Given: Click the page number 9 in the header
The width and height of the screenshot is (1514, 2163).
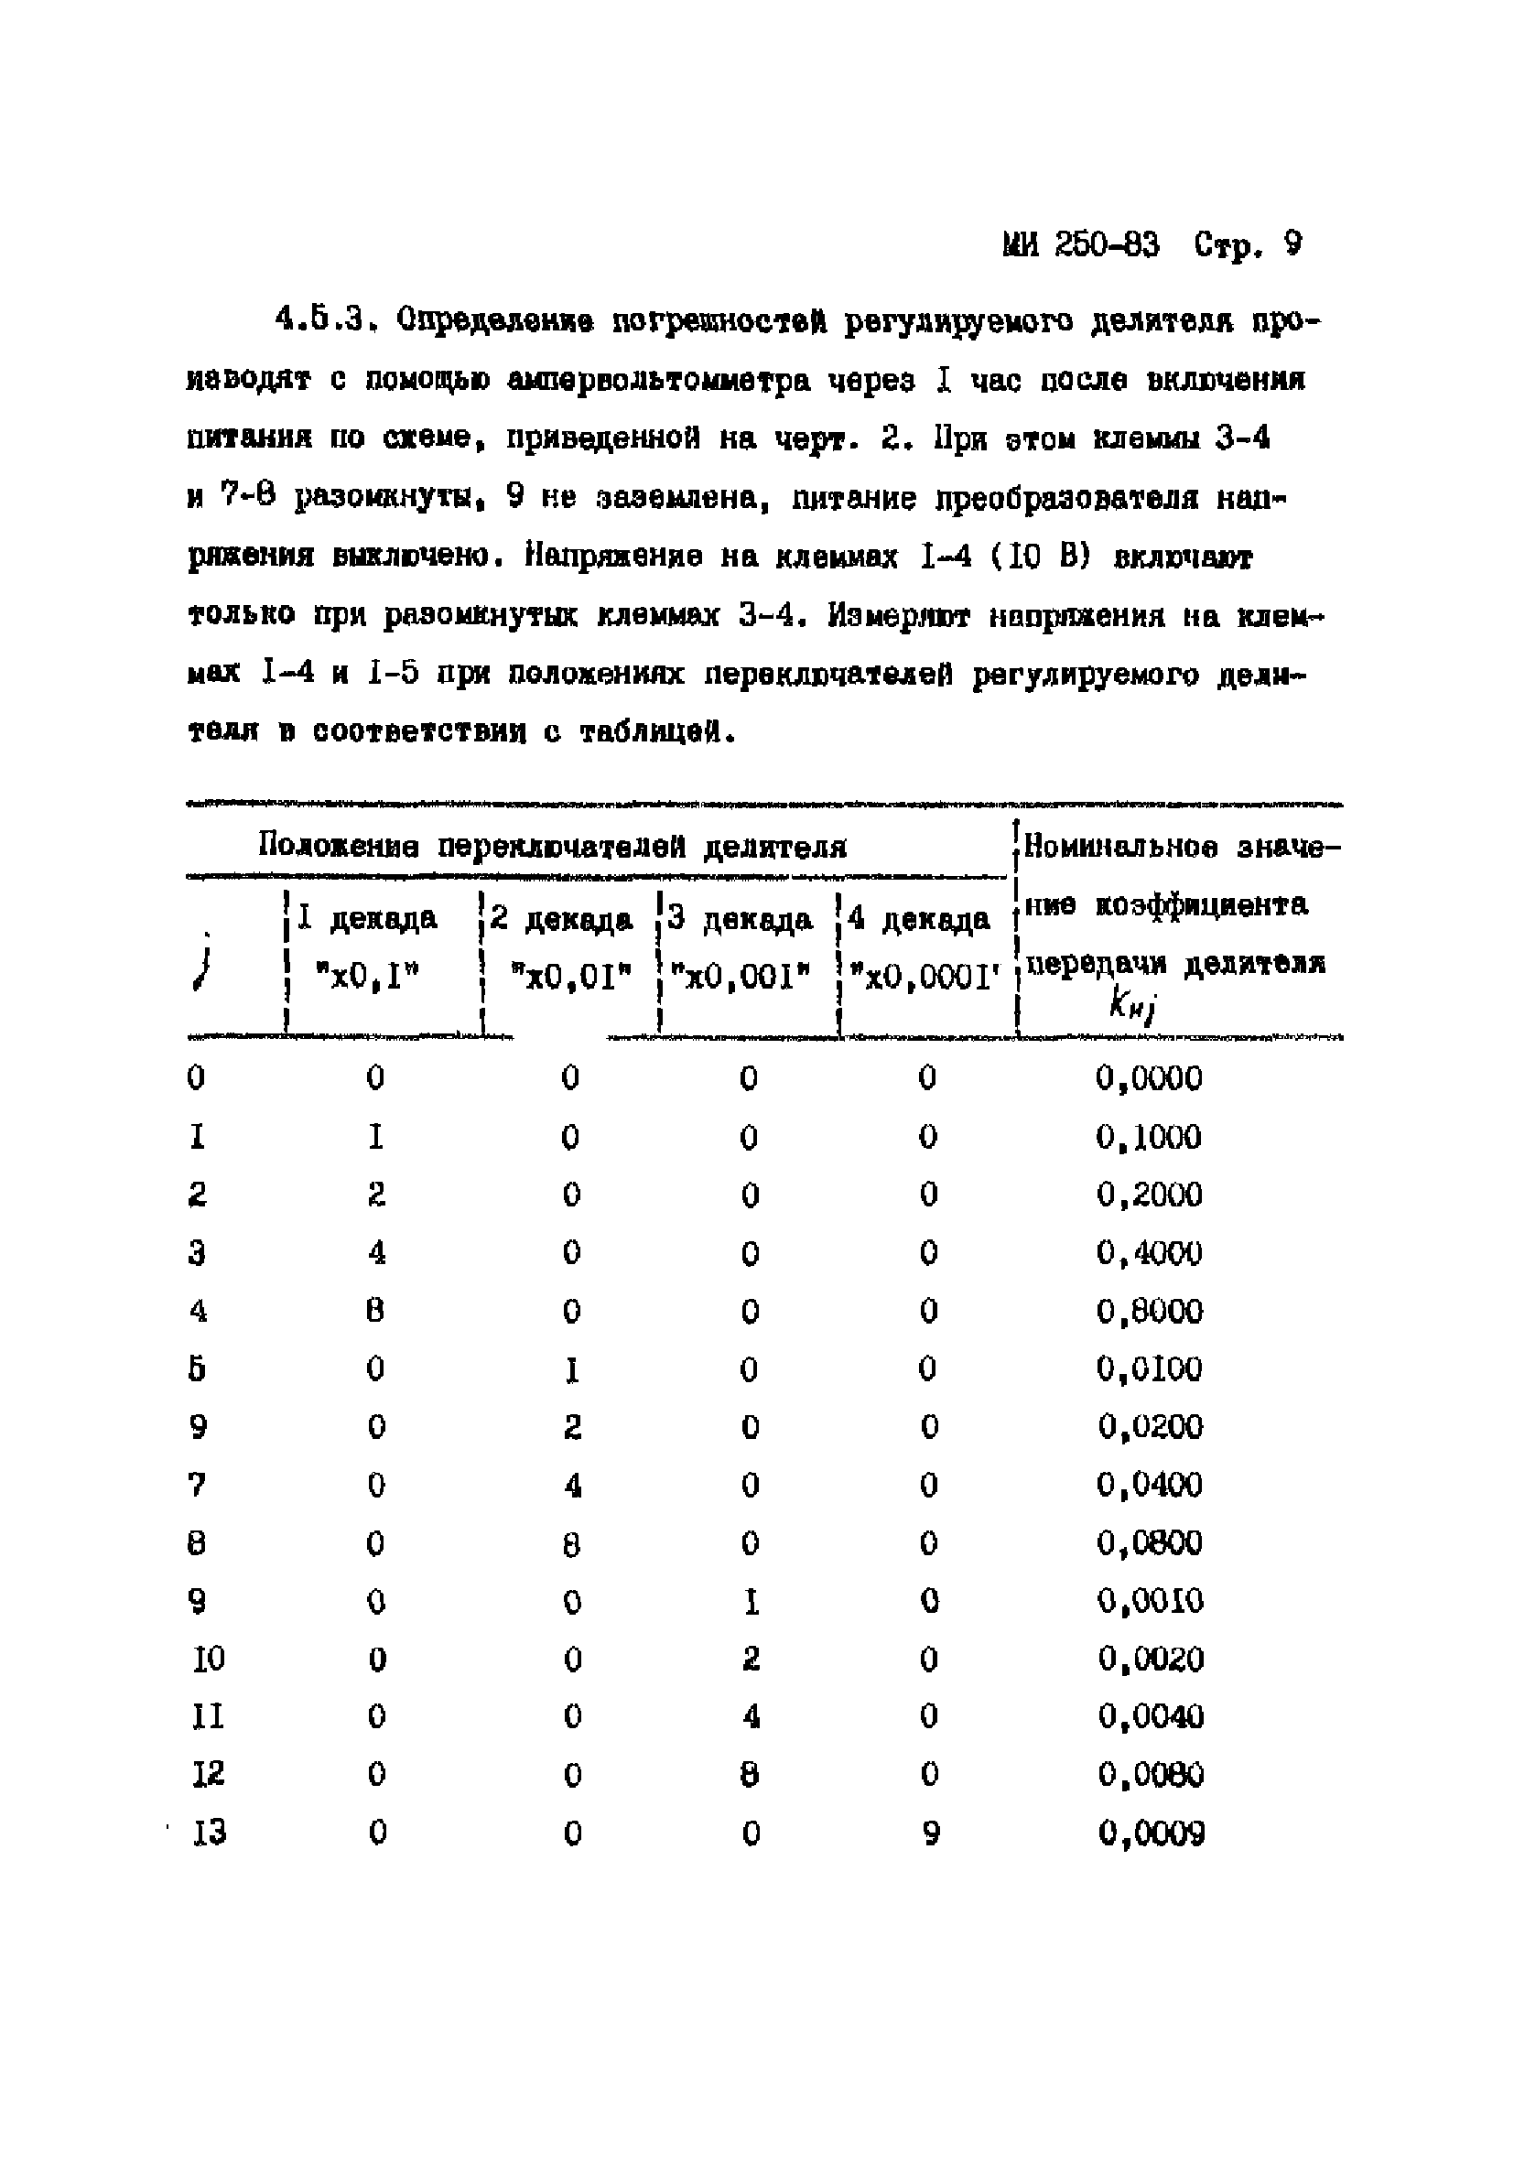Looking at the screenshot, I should click(x=1292, y=245).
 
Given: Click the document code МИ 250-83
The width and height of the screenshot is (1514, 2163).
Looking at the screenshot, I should click(x=1081, y=246).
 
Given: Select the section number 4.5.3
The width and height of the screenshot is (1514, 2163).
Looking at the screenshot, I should click(x=321, y=320).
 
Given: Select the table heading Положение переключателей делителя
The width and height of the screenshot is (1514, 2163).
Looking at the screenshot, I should click(x=552, y=846).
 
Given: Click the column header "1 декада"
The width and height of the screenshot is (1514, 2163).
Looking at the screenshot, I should click(x=366, y=917).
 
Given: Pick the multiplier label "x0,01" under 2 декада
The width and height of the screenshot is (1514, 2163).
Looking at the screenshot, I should click(x=570, y=977).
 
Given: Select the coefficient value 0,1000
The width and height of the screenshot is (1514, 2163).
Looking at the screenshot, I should click(x=1149, y=1137).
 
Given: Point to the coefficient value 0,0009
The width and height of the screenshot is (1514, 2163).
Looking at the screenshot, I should click(x=1152, y=1833).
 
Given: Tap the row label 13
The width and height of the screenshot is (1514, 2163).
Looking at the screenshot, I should click(x=209, y=1833).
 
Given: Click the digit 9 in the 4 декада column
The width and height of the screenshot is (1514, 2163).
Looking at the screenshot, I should click(x=930, y=1833).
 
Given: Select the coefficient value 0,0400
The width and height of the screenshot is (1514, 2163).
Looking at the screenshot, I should click(x=1150, y=1486).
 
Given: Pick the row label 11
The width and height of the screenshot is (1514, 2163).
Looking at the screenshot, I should click(x=208, y=1717).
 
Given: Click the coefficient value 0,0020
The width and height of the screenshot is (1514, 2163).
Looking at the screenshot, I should click(x=1151, y=1659).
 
